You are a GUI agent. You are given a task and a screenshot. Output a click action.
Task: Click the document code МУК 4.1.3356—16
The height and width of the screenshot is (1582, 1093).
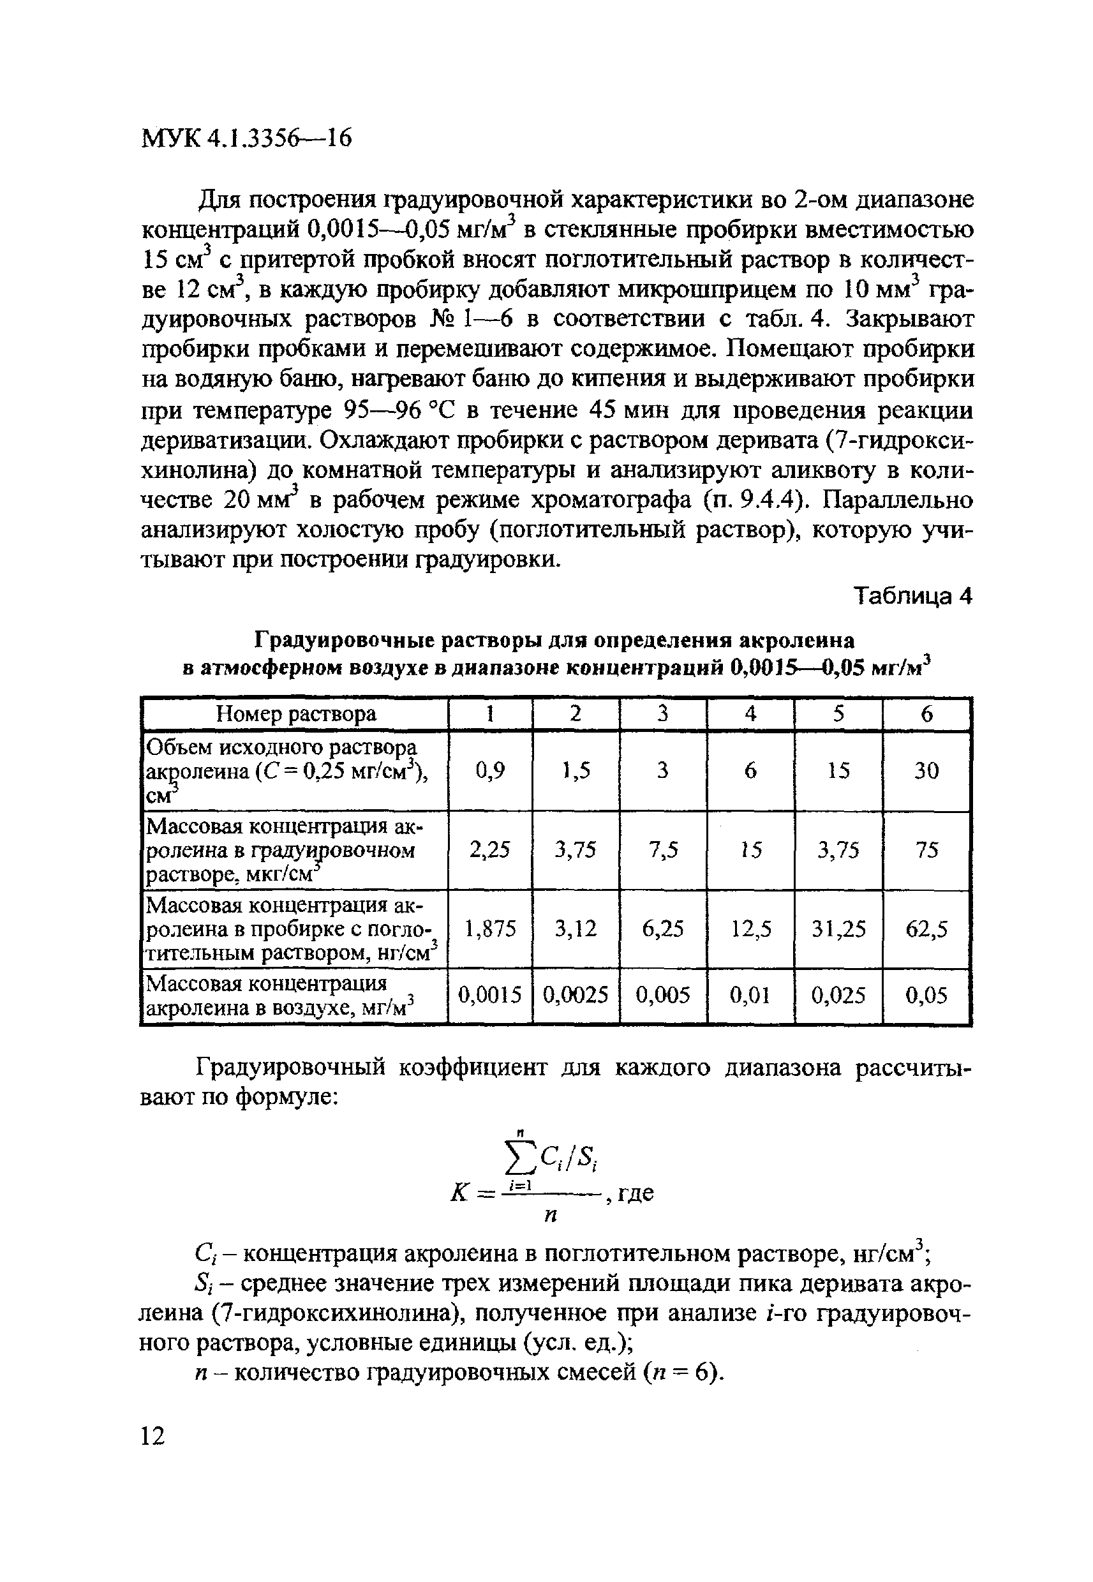246,138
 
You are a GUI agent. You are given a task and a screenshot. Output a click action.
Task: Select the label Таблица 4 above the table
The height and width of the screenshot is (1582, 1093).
913,597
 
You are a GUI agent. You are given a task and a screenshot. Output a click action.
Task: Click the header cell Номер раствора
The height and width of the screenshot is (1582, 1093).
296,714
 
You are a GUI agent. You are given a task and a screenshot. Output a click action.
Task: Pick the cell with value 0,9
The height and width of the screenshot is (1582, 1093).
489,771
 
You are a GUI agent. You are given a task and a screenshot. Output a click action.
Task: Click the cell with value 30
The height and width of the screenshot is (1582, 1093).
926,771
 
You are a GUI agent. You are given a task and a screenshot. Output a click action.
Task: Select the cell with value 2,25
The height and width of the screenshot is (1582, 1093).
489,850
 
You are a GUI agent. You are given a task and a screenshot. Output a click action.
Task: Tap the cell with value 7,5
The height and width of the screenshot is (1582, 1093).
663,850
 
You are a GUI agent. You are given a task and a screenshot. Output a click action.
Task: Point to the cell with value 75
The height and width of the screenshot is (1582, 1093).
926,850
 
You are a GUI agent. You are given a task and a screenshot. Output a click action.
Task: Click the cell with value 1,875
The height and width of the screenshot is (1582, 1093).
489,929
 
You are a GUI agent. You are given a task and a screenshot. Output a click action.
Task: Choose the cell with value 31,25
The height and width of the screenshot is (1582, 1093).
838,929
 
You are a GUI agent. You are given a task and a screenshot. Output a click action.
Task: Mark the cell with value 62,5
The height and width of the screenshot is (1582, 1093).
926,929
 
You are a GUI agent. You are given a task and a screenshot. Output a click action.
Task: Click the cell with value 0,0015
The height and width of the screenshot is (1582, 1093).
489,995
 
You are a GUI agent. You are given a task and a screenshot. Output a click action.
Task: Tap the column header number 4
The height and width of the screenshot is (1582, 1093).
750,714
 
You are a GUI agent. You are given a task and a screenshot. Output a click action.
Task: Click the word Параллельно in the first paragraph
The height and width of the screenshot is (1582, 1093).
897,500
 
